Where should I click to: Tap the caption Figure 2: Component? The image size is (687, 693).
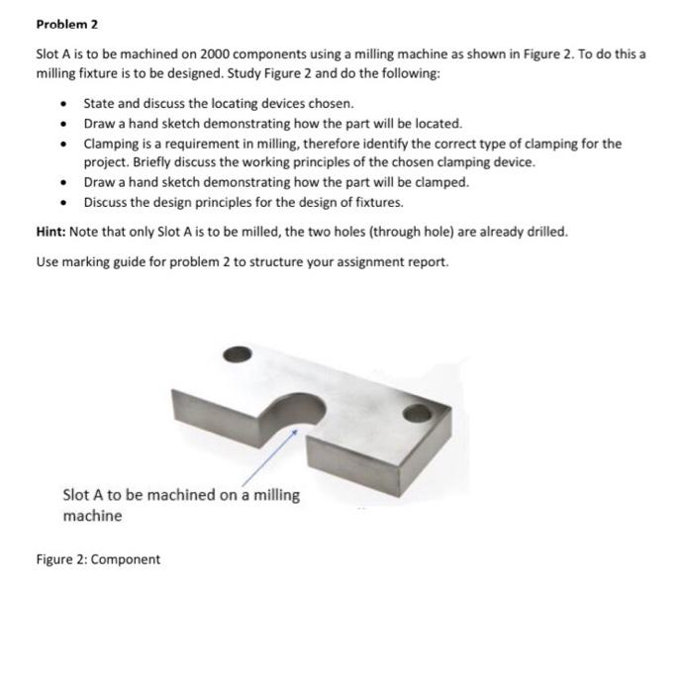[97, 559]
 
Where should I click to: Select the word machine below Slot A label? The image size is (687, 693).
[92, 516]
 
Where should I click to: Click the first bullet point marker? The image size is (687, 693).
[64, 104]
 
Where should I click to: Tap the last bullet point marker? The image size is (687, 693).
[64, 202]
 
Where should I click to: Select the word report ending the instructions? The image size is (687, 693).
[427, 262]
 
